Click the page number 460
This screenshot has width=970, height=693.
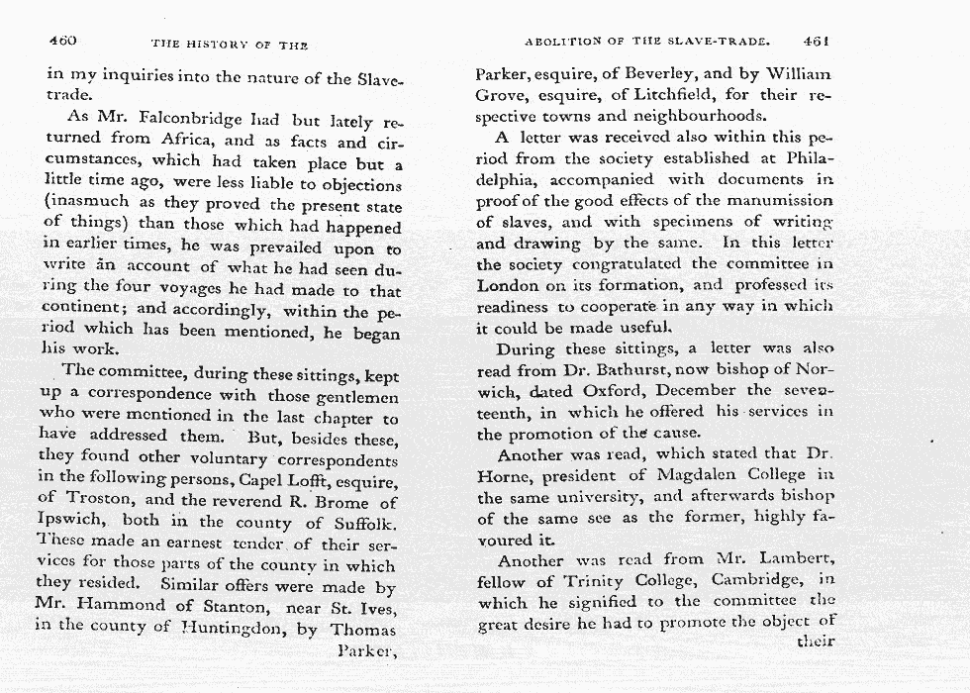point(62,41)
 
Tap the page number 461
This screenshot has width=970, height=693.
point(817,42)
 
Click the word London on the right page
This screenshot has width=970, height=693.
point(508,285)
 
